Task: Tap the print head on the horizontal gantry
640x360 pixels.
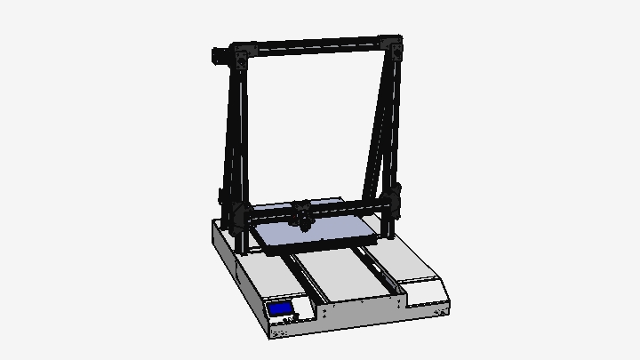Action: (303, 215)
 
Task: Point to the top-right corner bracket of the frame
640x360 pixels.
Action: (392, 45)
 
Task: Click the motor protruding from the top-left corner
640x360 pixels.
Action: (217, 57)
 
